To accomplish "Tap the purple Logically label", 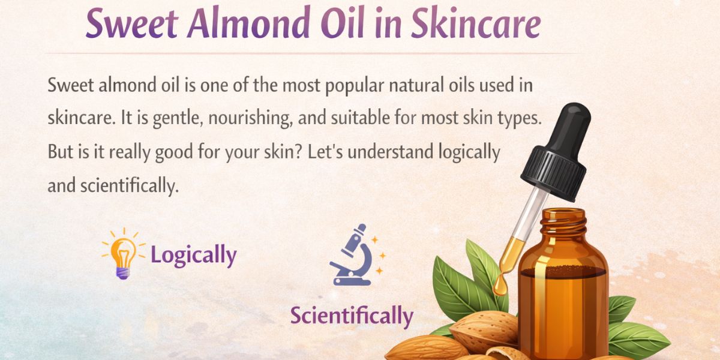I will pos(193,256).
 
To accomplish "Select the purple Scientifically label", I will pos(352,316).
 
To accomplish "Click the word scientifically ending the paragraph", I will pos(129,186).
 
